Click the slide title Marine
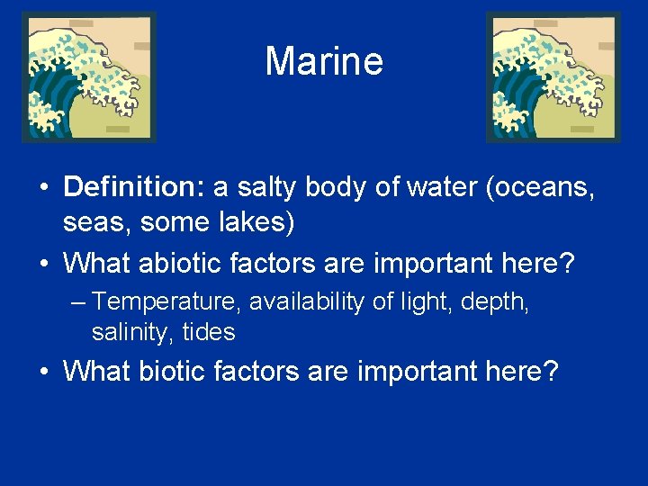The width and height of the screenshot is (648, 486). [324, 62]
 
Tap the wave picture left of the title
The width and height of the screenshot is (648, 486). [88, 77]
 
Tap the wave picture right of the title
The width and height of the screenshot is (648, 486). [553, 77]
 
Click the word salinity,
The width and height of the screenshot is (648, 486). [133, 332]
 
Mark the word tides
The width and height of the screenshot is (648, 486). [209, 332]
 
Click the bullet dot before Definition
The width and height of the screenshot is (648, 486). [43, 188]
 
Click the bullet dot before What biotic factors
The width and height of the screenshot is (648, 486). [43, 371]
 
